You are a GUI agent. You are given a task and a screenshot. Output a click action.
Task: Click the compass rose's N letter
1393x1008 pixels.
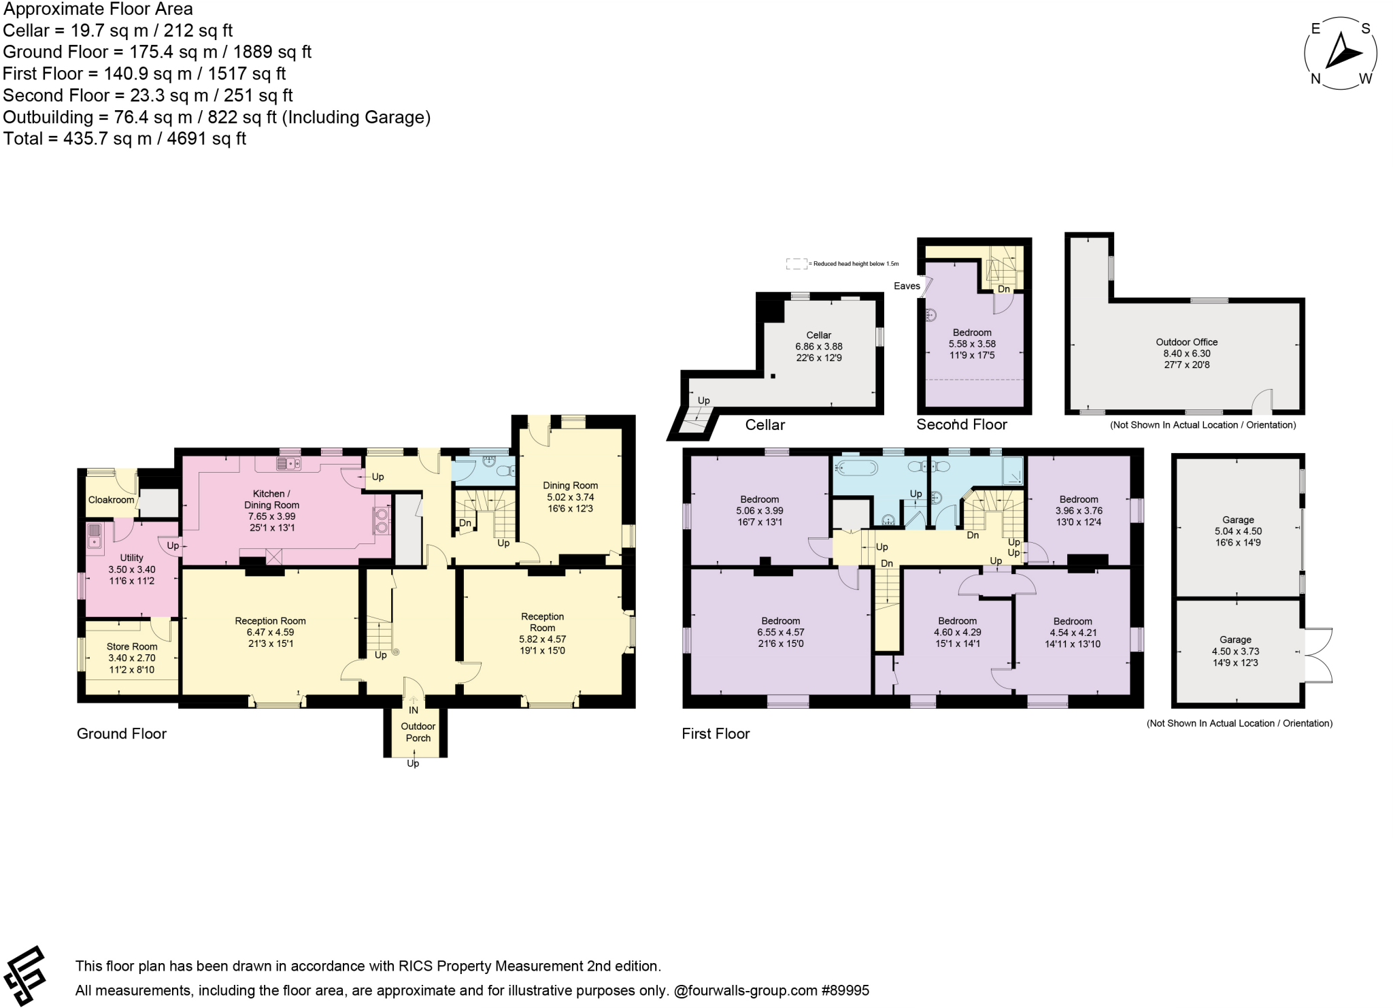1315,79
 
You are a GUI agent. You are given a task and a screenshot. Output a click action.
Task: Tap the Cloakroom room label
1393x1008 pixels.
111,500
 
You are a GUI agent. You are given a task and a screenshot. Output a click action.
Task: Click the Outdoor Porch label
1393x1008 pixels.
418,732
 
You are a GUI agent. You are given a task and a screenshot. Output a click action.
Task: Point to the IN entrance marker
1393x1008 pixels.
414,710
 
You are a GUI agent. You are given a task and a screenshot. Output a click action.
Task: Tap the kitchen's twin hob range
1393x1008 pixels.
381,520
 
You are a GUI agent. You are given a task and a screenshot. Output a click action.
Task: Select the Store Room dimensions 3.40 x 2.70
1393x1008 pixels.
131,658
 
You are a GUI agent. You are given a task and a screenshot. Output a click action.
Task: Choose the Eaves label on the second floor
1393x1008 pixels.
906,286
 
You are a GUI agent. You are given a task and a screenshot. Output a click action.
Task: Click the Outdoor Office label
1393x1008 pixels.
1186,342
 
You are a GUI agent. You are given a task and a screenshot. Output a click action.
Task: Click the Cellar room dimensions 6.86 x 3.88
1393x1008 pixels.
818,346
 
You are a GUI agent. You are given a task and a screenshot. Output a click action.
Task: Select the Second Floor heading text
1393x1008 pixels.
961,424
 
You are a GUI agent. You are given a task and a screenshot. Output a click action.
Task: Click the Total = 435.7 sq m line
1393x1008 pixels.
124,139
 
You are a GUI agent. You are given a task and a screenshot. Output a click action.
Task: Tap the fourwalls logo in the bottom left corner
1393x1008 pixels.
24,975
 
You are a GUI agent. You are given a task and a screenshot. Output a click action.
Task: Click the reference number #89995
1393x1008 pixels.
845,990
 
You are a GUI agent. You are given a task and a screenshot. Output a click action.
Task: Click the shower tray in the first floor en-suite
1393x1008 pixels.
1013,469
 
